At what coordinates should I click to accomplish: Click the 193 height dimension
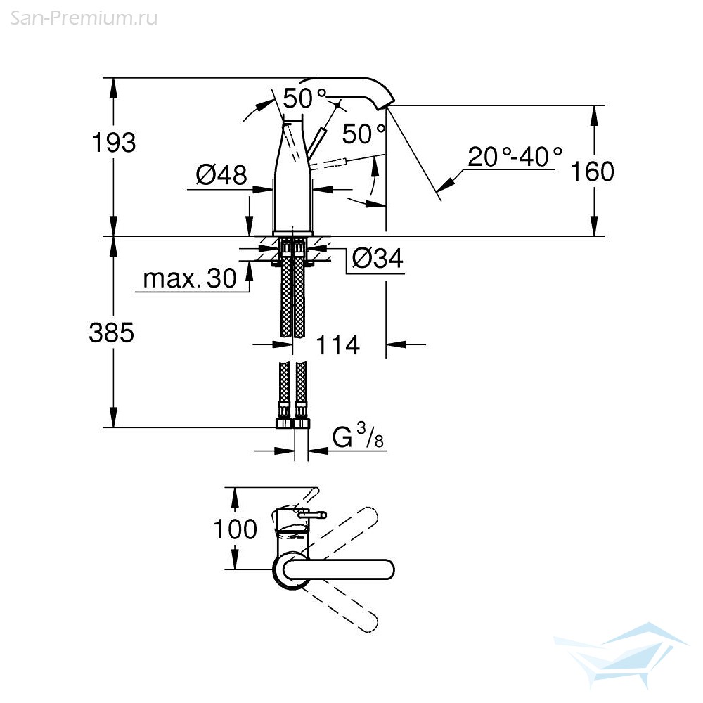point(113,143)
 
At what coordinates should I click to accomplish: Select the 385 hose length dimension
point(111,333)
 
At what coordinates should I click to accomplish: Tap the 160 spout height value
point(592,172)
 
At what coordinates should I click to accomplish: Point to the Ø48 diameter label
point(221,175)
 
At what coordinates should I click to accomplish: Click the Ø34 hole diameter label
point(378,258)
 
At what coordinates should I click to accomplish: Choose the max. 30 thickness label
point(190,278)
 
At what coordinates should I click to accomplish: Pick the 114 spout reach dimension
point(337,344)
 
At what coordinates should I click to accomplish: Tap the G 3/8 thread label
point(358,436)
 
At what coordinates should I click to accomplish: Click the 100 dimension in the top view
point(235,529)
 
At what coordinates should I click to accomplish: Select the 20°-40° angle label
point(515,157)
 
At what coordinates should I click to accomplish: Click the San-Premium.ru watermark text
point(84,18)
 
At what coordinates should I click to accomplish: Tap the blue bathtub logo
point(621,654)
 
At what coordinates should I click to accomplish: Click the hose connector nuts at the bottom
point(293,424)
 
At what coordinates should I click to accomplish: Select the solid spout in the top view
point(338,569)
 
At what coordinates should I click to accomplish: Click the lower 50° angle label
point(363,134)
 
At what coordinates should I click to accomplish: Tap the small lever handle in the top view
point(311,515)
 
